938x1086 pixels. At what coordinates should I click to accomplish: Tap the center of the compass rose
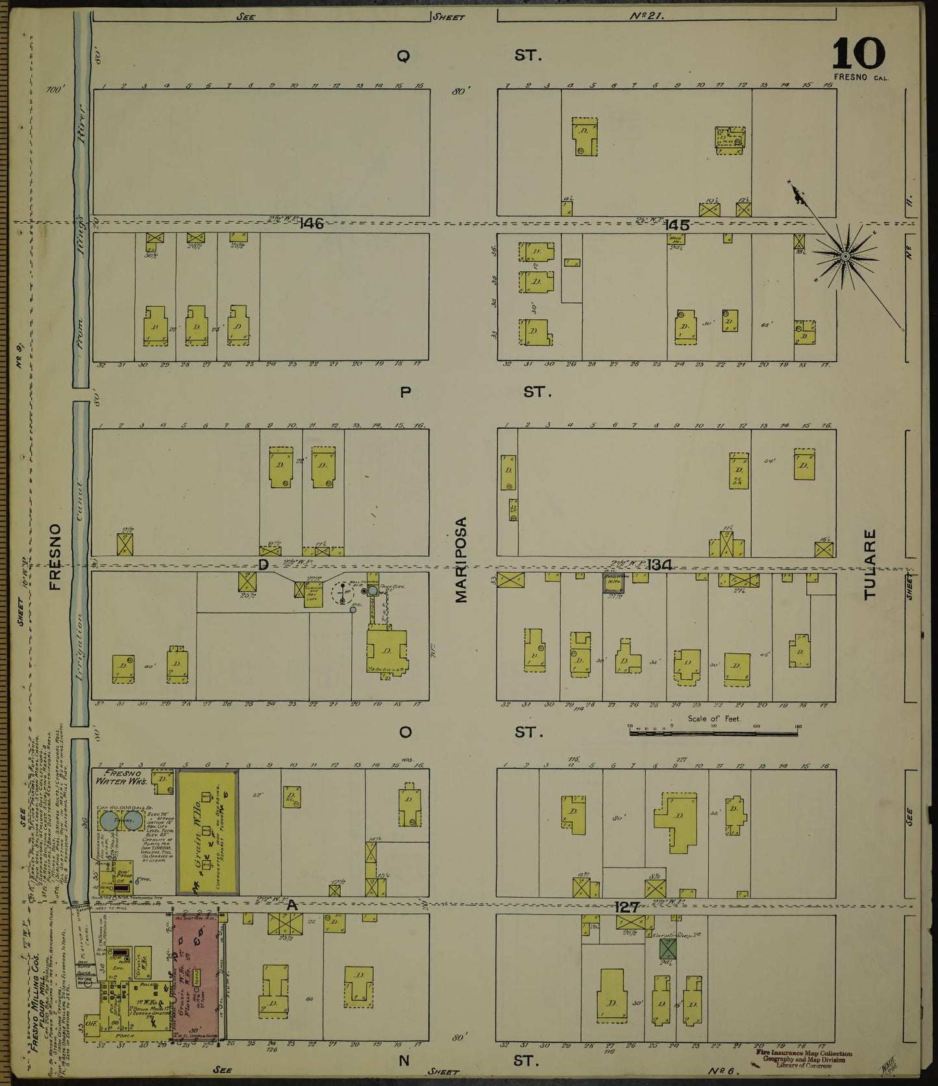click(x=846, y=258)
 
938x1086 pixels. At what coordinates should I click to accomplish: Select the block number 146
click(x=312, y=224)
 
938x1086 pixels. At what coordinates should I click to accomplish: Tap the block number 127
click(x=627, y=908)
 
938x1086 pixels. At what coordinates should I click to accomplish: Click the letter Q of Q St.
click(x=403, y=57)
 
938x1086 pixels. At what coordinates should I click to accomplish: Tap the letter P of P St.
click(x=404, y=392)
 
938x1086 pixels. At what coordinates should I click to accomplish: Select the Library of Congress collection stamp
click(x=804, y=1061)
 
